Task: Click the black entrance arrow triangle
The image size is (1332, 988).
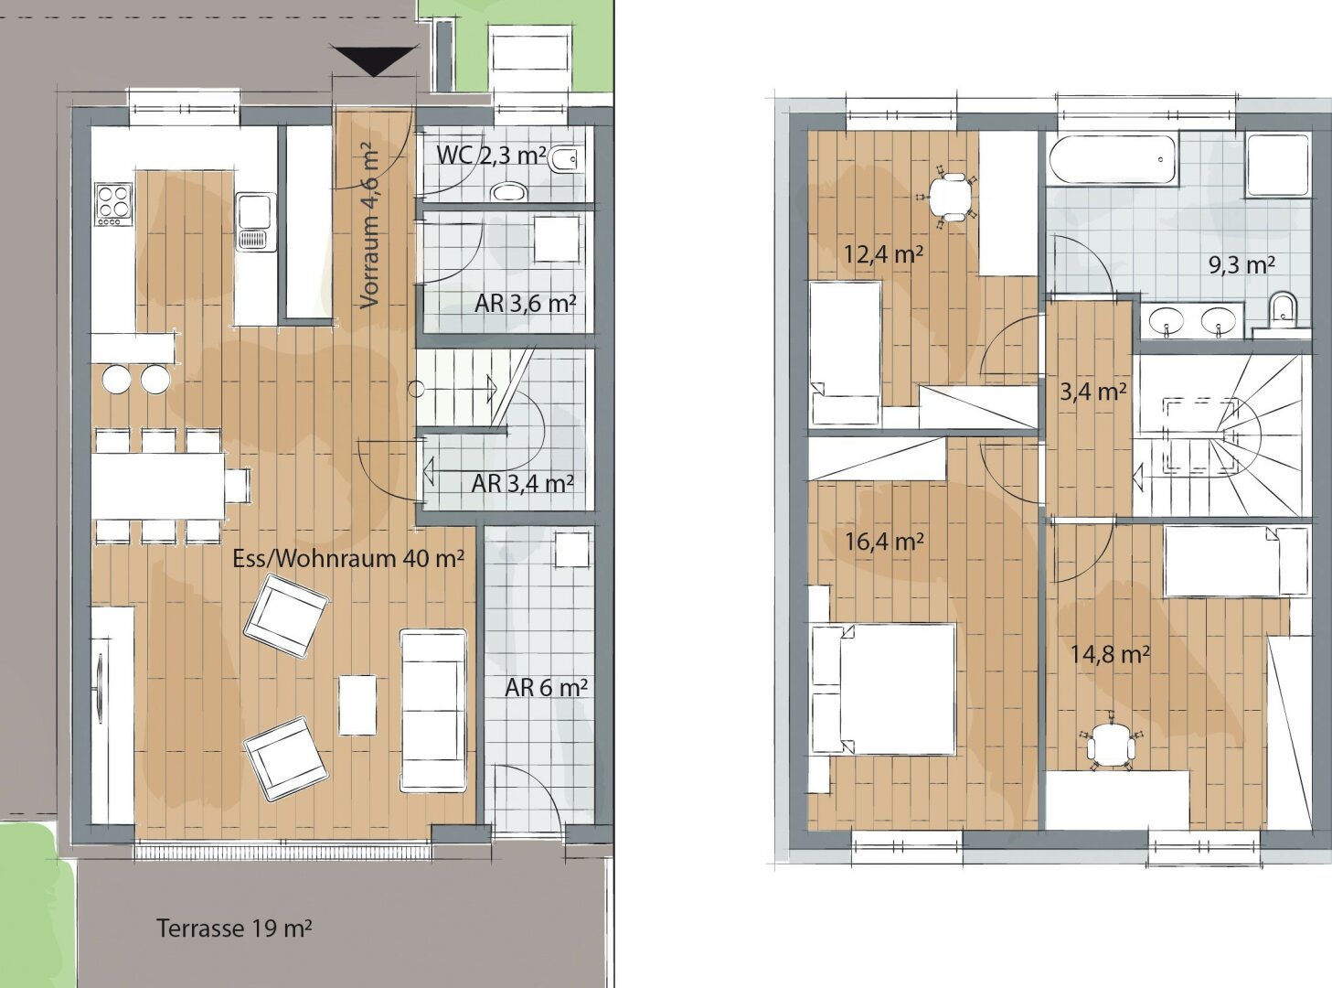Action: click(x=374, y=61)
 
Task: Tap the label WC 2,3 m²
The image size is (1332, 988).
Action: click(x=489, y=155)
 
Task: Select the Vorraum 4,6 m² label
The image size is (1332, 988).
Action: click(x=369, y=226)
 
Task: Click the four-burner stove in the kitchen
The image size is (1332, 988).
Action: click(x=113, y=204)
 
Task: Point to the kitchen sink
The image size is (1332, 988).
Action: click(x=256, y=220)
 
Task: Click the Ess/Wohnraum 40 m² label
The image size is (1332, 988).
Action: click(x=347, y=558)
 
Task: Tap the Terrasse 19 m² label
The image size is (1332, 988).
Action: click(x=234, y=929)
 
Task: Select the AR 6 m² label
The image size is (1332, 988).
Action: click(x=546, y=687)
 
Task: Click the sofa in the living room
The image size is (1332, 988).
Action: click(x=432, y=710)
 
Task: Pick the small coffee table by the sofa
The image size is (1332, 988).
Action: click(x=357, y=704)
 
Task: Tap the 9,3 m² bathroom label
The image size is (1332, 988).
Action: click(x=1241, y=265)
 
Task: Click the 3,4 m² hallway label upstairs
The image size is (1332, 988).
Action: click(x=1092, y=392)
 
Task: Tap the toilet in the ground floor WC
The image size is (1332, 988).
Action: click(x=562, y=162)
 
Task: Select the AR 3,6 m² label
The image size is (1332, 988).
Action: click(x=525, y=303)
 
